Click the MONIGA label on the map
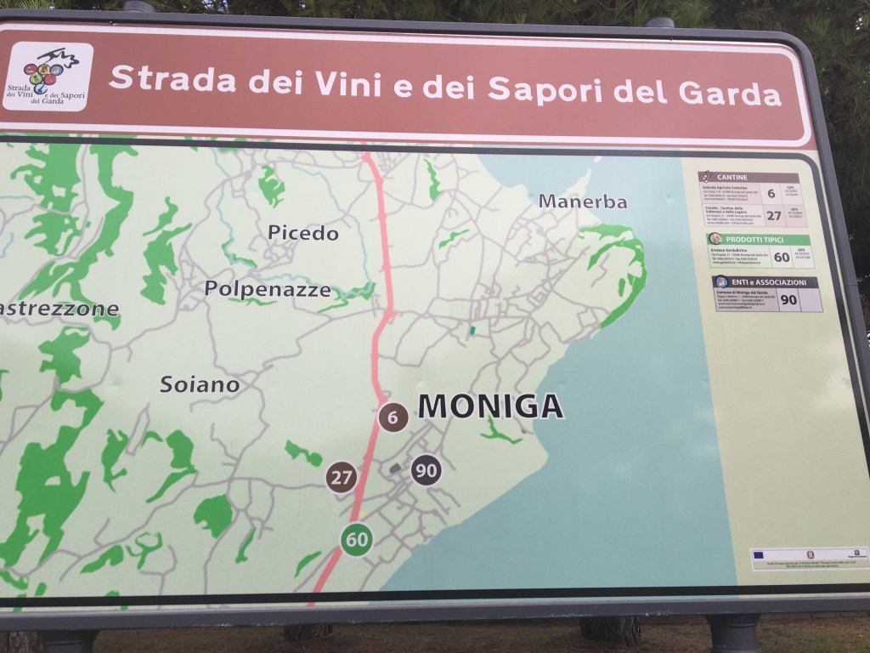(490, 406)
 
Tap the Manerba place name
(583, 202)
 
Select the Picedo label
(302, 233)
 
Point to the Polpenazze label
(267, 289)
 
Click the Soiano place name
(200, 385)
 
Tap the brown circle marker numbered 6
(393, 417)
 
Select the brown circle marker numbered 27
(342, 477)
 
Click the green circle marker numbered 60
(357, 539)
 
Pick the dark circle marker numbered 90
(427, 469)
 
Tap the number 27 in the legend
(773, 216)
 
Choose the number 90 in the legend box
(788, 299)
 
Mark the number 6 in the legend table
(771, 193)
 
